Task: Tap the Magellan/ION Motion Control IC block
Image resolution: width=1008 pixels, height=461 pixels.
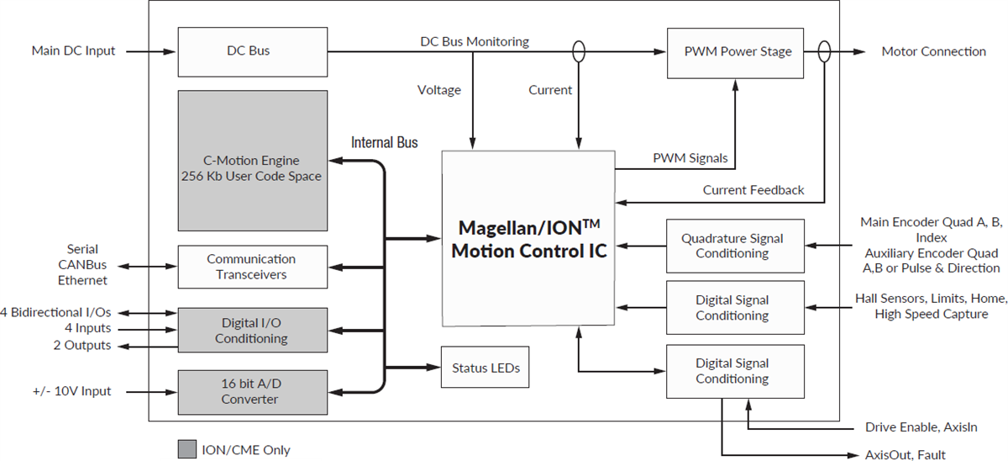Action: [527, 239]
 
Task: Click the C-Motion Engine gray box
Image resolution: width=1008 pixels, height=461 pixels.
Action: [252, 161]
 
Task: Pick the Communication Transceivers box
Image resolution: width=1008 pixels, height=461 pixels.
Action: [252, 267]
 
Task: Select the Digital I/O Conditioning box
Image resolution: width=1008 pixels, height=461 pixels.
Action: [252, 330]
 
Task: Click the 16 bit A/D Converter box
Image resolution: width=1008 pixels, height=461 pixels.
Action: [252, 391]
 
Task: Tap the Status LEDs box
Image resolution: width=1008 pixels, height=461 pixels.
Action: [486, 368]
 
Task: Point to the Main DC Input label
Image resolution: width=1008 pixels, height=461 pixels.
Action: [73, 51]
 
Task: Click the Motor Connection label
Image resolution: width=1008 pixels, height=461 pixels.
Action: [933, 51]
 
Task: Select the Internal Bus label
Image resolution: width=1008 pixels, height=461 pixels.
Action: [384, 142]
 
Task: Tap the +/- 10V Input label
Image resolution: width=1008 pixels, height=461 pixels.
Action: [71, 391]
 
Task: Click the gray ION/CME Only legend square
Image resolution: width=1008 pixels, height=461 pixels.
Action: [186, 449]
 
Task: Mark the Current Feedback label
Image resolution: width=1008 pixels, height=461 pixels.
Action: [753, 190]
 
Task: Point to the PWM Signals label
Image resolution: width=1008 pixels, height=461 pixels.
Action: [690, 157]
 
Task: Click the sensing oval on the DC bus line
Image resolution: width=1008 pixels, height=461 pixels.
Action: [579, 51]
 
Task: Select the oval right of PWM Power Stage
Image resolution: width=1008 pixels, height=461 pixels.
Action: [824, 51]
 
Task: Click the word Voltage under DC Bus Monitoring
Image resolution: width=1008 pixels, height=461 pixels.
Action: [438, 89]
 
